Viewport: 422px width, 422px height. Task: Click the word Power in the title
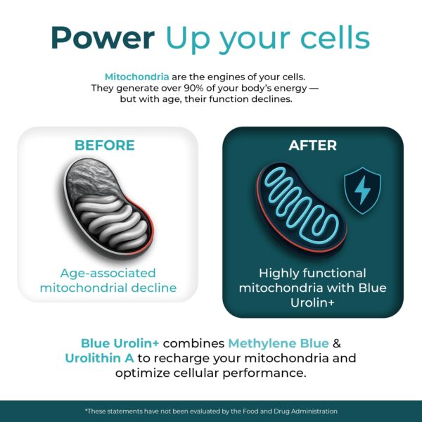point(103,38)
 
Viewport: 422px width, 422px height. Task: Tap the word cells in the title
point(335,37)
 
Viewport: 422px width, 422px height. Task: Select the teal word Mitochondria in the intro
point(137,77)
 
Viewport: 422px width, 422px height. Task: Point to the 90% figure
point(194,88)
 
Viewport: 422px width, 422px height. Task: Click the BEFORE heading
point(105,146)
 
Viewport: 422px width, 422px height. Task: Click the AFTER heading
point(313,146)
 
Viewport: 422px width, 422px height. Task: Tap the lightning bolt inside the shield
point(362,190)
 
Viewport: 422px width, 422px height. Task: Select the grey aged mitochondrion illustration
point(108,207)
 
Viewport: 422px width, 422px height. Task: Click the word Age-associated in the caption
point(108,274)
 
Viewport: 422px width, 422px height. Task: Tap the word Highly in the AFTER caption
point(276,274)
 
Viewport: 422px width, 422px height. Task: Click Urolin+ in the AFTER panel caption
point(312,302)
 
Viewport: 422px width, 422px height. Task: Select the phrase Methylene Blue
point(279,343)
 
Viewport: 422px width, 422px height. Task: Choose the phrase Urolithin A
point(100,358)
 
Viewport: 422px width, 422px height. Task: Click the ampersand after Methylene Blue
point(337,344)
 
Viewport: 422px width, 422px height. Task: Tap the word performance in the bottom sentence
point(264,373)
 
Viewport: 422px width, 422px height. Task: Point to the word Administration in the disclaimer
point(314,411)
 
